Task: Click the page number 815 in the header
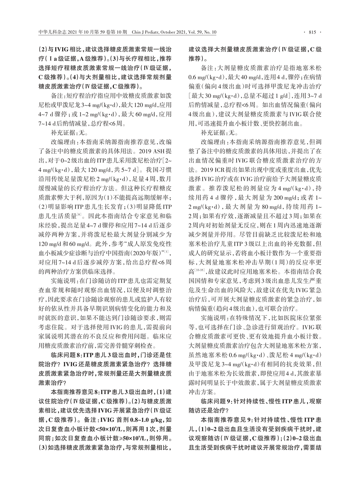click(311, 32)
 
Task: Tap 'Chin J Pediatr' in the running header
click(145, 32)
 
